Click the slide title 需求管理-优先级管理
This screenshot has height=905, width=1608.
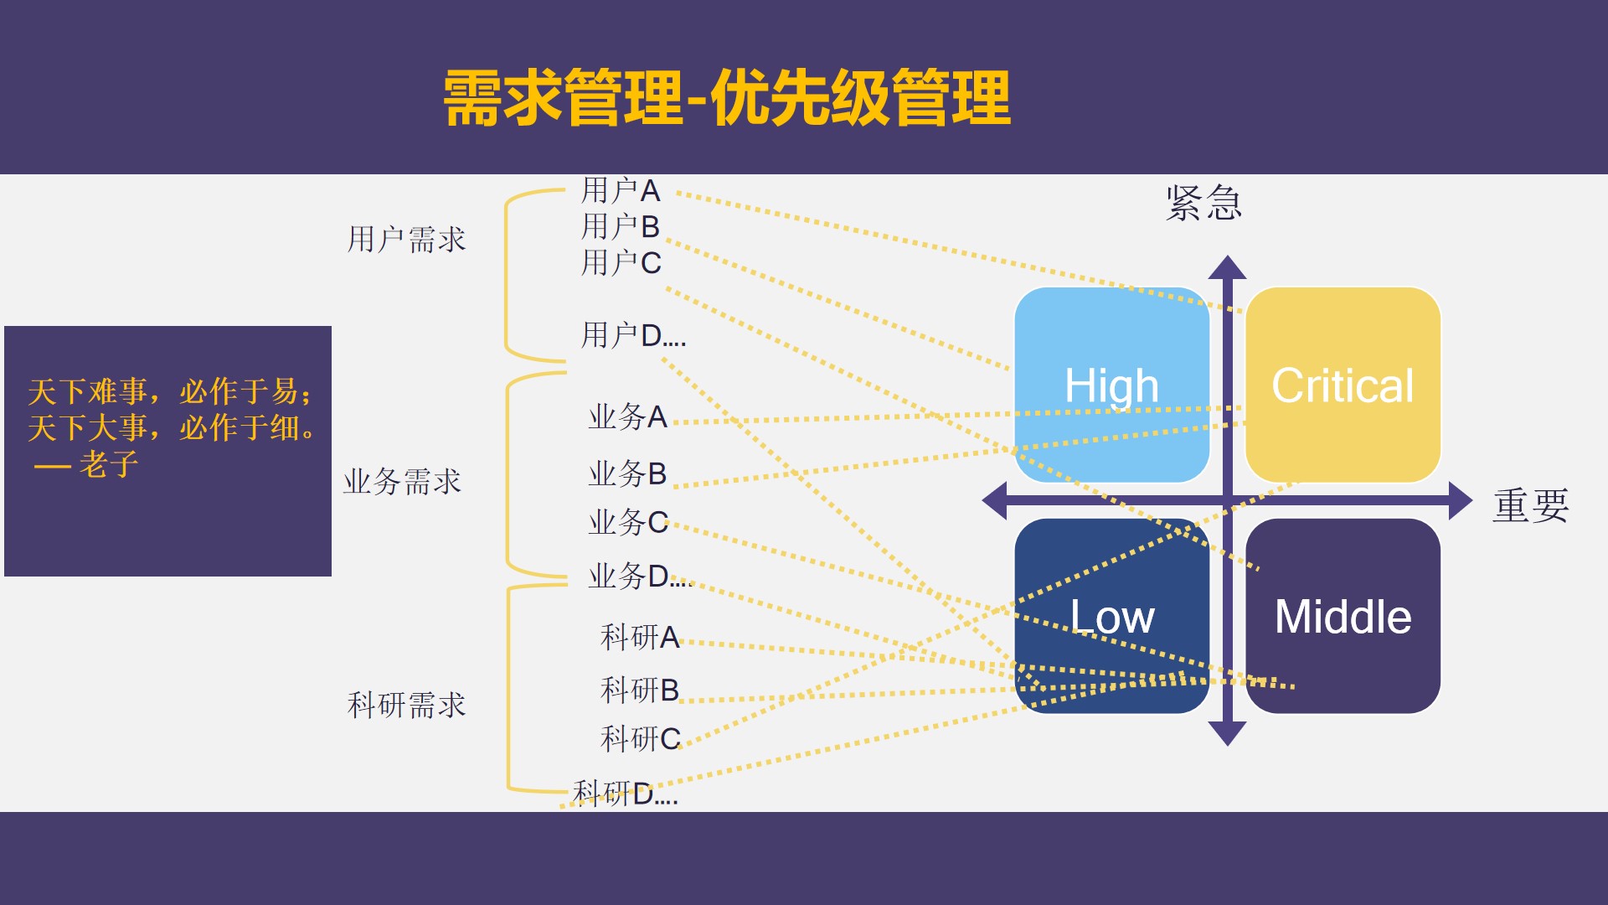coord(727,98)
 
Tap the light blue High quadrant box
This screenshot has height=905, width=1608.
coord(1112,385)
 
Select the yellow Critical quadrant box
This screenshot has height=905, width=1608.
coord(1343,385)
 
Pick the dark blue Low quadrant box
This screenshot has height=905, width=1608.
coord(1112,616)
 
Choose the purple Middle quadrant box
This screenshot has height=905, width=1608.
coord(1343,616)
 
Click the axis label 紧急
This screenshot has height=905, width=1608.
coord(1203,203)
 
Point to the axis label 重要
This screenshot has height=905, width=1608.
coord(1530,505)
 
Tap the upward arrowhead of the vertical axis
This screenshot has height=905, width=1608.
coord(1228,267)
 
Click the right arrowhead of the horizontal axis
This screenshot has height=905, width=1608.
coord(1461,500)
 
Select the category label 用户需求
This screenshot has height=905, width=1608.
coord(406,240)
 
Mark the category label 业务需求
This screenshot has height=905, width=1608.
coord(402,482)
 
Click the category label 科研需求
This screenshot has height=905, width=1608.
coord(406,705)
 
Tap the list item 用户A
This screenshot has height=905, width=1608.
coord(621,191)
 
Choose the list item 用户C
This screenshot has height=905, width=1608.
coord(621,263)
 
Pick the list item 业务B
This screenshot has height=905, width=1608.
coord(627,474)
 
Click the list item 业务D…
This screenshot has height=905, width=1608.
coord(640,577)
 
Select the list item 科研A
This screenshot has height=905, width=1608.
coord(640,638)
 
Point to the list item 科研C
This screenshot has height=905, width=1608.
coord(641,739)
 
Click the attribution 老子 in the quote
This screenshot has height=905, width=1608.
coord(108,464)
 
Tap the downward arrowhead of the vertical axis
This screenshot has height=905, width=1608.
coord(1228,733)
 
